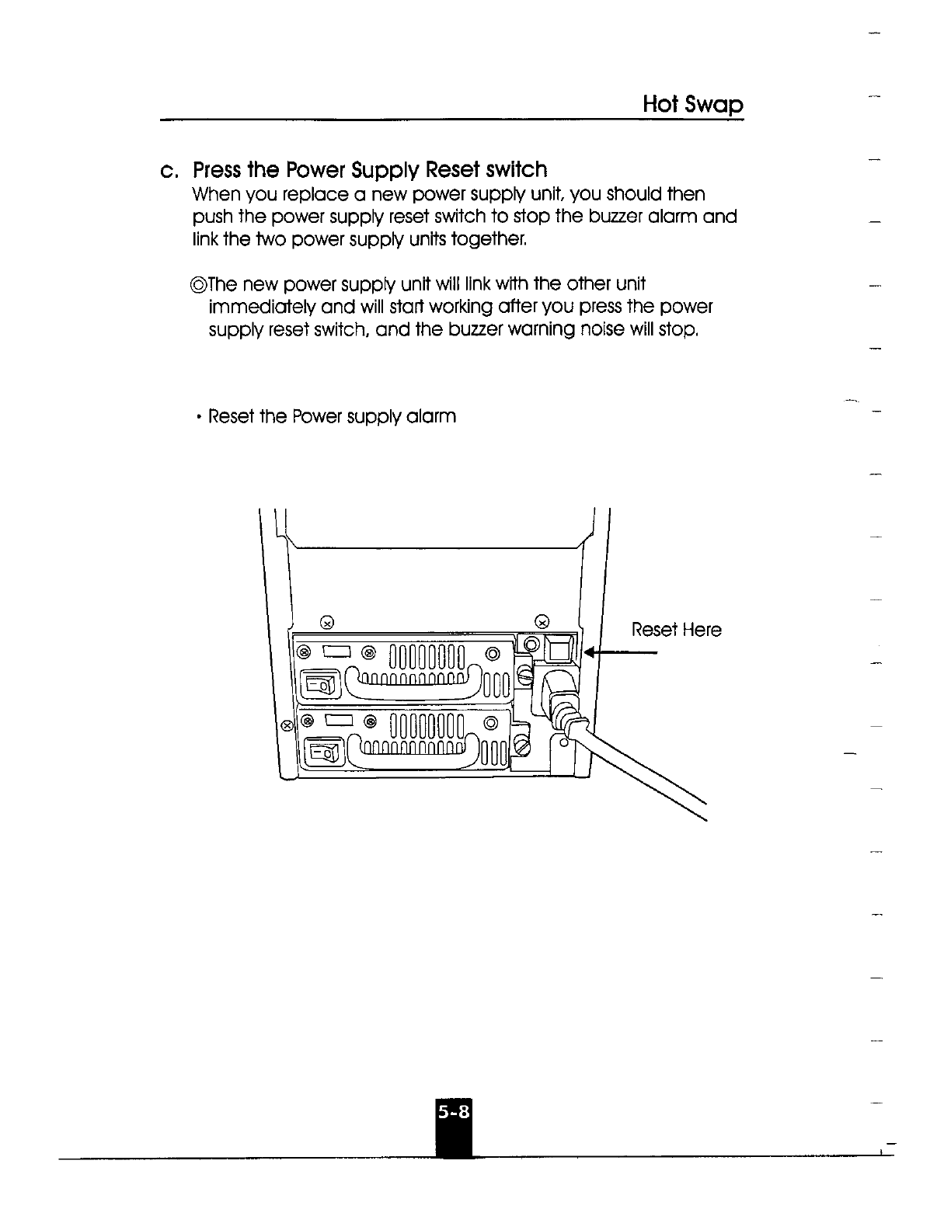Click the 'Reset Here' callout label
click(676, 630)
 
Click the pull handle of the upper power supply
click(410, 681)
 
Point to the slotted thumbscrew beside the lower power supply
click(522, 748)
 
